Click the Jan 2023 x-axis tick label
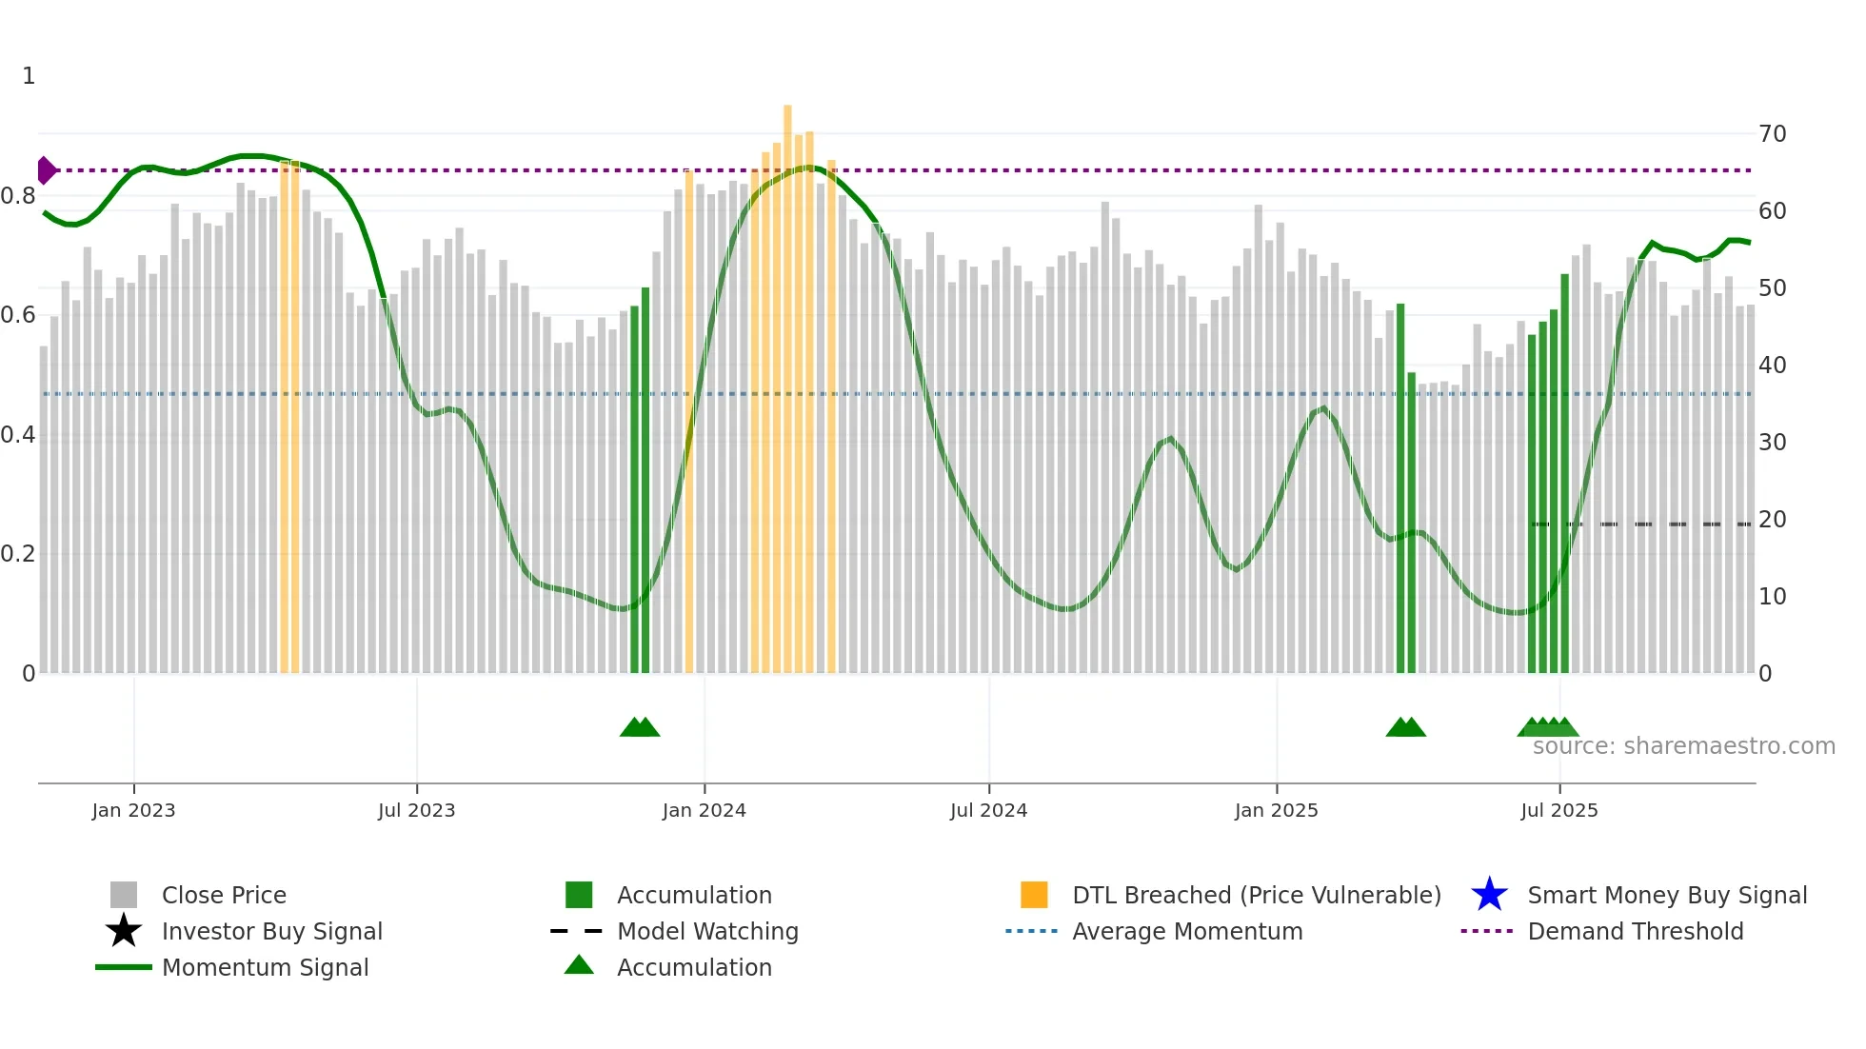click(133, 810)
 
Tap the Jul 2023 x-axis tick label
click(416, 810)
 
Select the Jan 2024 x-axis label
click(704, 810)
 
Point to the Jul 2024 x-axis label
click(988, 810)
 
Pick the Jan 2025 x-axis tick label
click(1276, 810)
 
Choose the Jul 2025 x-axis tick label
click(1558, 810)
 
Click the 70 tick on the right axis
click(1772, 134)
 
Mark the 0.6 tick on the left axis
click(18, 315)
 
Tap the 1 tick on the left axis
click(29, 76)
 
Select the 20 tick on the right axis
click(1772, 520)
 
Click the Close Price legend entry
click(224, 895)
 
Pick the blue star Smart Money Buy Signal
click(1489, 895)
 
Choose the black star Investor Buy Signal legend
click(124, 931)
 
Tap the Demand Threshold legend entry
click(1635, 931)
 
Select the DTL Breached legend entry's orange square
click(1034, 895)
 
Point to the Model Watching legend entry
click(707, 931)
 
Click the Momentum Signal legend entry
click(265, 967)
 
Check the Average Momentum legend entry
click(1187, 931)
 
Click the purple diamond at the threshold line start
click(46, 170)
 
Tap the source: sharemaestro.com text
click(1683, 746)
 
